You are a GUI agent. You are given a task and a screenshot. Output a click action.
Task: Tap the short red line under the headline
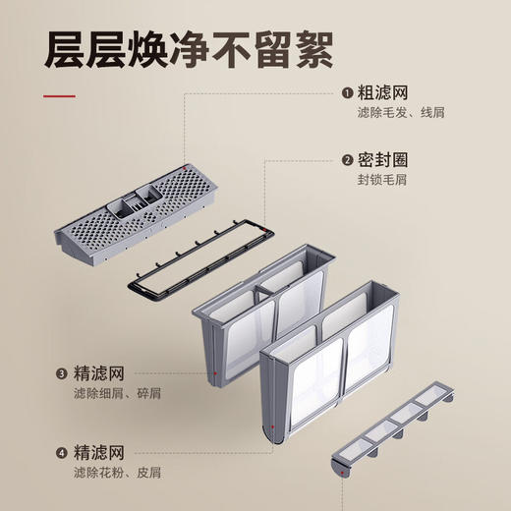pyautogui.click(x=58, y=96)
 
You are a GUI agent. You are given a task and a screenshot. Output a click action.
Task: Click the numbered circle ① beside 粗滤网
pyautogui.click(x=347, y=93)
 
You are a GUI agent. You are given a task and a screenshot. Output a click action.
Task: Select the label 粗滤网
pyautogui.click(x=383, y=93)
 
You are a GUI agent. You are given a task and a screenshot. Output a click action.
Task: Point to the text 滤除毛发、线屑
pyautogui.click(x=401, y=113)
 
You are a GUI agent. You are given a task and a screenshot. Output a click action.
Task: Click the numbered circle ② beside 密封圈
pyautogui.click(x=347, y=160)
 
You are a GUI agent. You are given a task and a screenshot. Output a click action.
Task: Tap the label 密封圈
pyautogui.click(x=383, y=160)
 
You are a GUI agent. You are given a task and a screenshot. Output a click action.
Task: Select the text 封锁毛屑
pyautogui.click(x=383, y=180)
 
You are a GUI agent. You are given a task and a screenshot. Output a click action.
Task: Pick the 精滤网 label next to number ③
pyautogui.click(x=98, y=374)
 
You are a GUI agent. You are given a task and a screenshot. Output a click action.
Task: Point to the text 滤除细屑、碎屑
pyautogui.click(x=114, y=394)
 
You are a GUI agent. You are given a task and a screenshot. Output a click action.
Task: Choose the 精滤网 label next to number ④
pyautogui.click(x=98, y=454)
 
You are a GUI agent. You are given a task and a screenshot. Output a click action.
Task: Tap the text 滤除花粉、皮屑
pyautogui.click(x=114, y=474)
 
